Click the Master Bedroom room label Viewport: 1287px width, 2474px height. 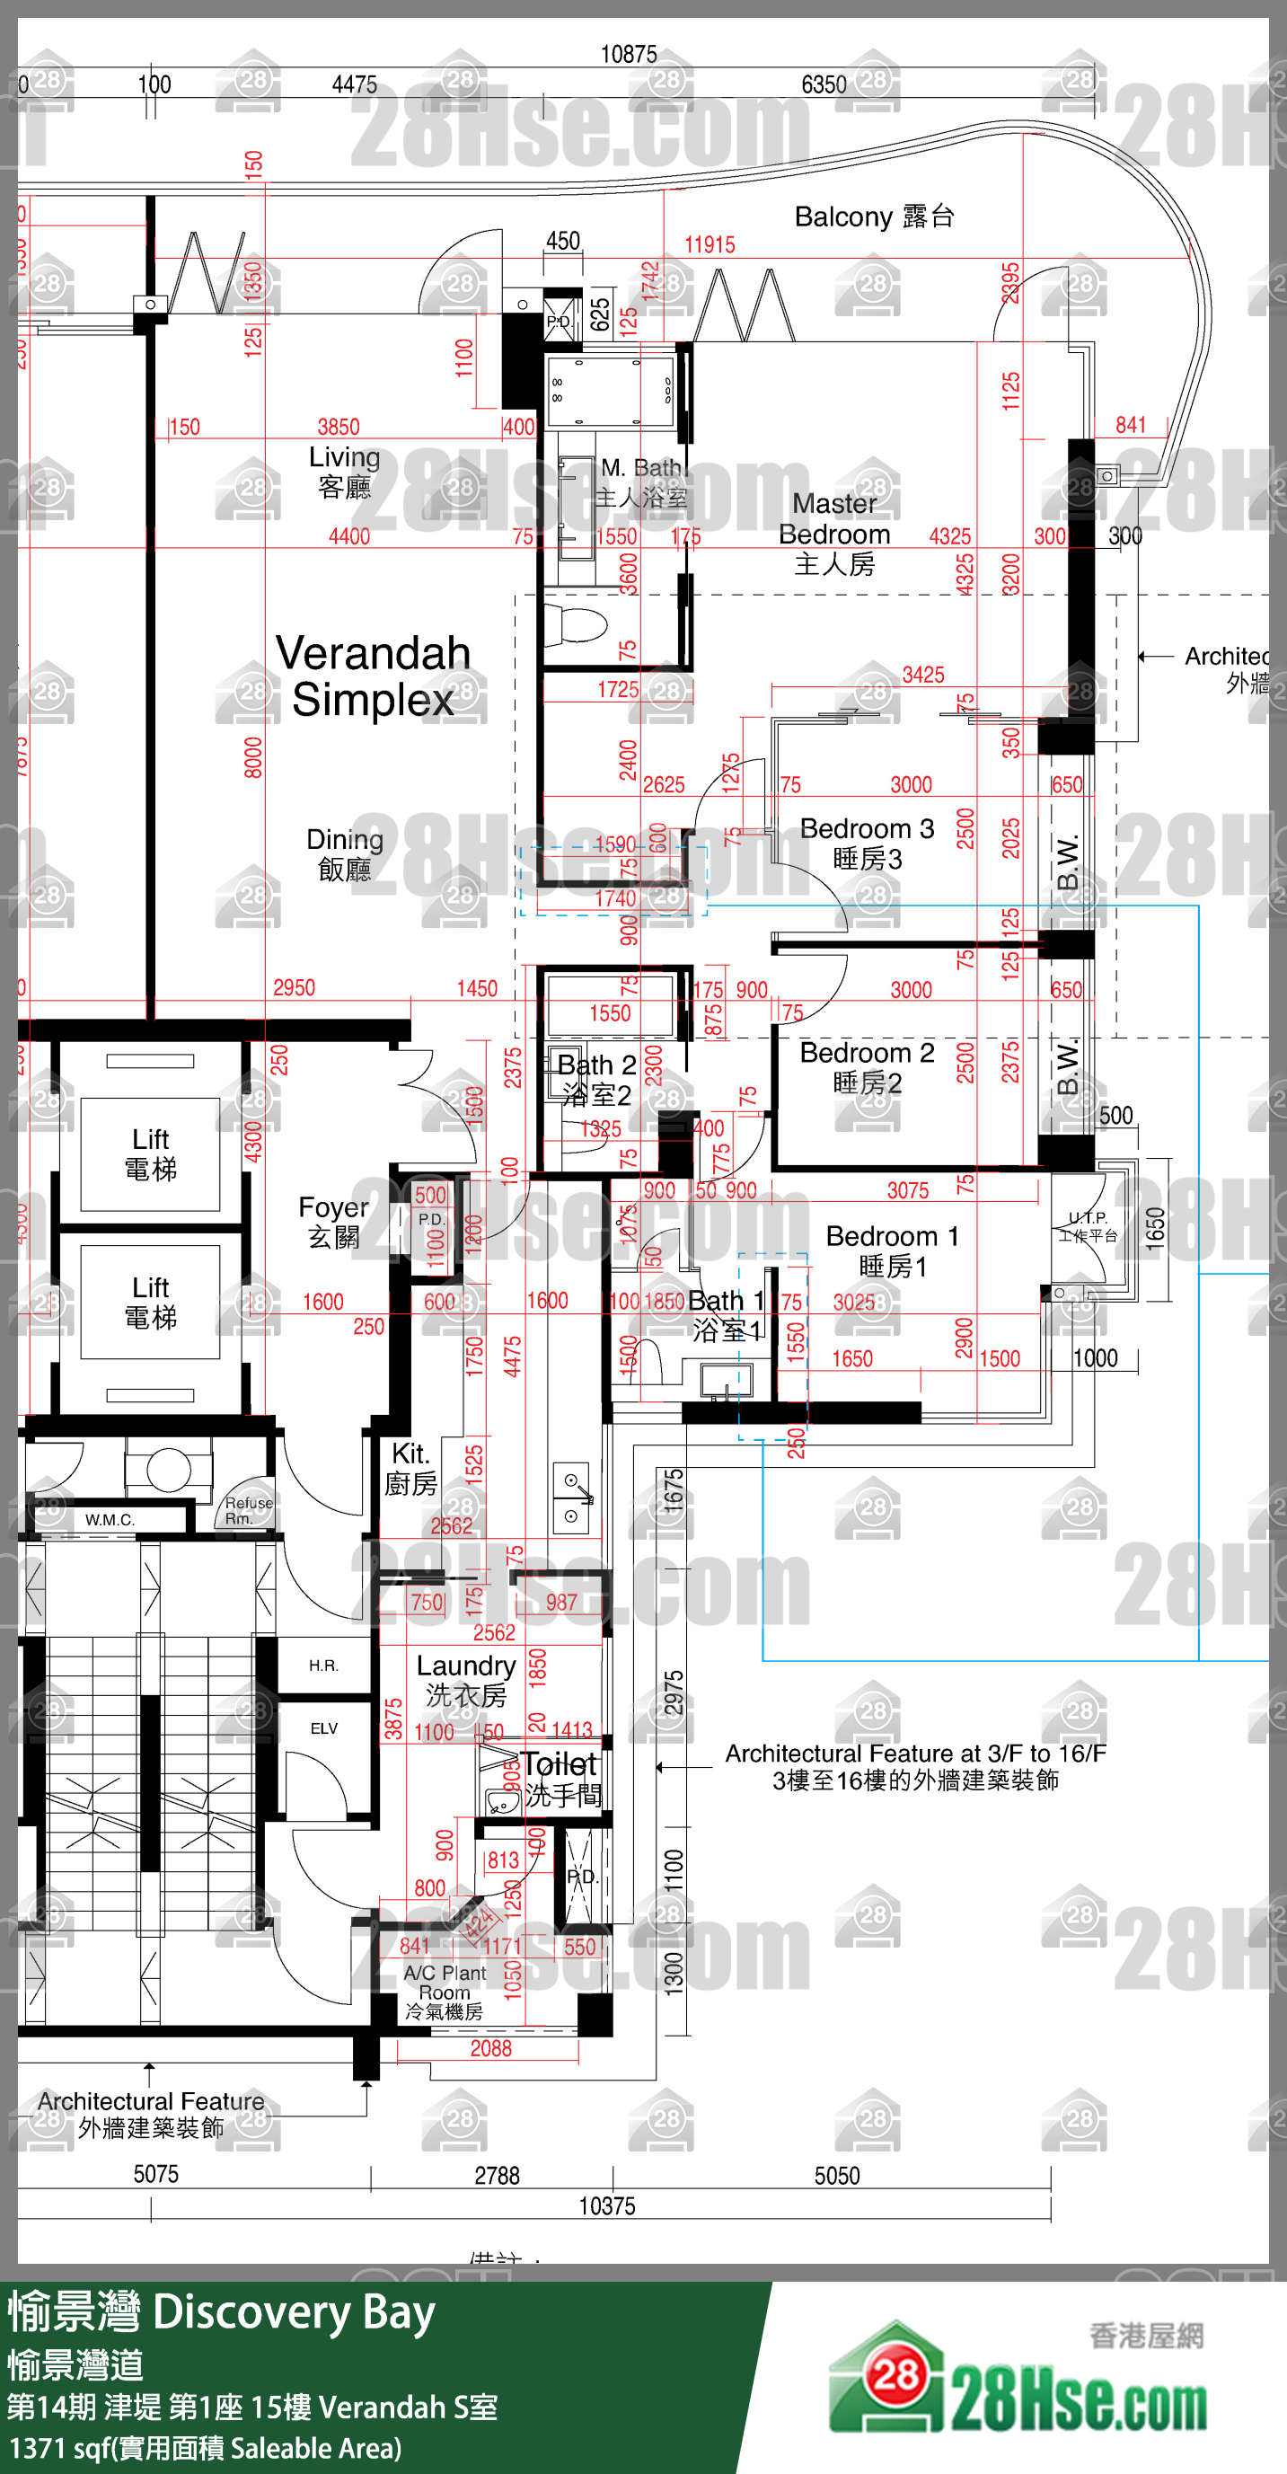click(x=833, y=533)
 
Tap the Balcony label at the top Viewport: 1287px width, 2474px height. click(x=873, y=217)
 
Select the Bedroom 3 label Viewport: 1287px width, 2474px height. click(x=867, y=843)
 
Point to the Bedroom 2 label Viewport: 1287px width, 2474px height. click(x=867, y=1067)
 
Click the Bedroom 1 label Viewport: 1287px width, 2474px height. click(x=891, y=1250)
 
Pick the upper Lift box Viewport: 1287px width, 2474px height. click(x=151, y=1153)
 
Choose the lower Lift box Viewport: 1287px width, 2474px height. click(x=151, y=1302)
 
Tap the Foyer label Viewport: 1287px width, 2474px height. click(x=332, y=1221)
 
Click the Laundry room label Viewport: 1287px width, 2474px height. click(x=466, y=1680)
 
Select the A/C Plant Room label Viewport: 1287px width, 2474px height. click(x=444, y=1991)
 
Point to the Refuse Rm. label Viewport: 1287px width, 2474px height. click(x=248, y=1510)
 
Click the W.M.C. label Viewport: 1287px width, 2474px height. click(x=110, y=1519)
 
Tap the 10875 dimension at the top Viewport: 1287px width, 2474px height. click(x=628, y=55)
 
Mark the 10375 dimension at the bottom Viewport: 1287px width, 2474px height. click(x=606, y=2206)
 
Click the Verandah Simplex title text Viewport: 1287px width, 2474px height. click(x=373, y=676)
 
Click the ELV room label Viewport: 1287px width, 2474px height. click(x=323, y=1727)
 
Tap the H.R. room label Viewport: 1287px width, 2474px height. click(x=322, y=1666)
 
